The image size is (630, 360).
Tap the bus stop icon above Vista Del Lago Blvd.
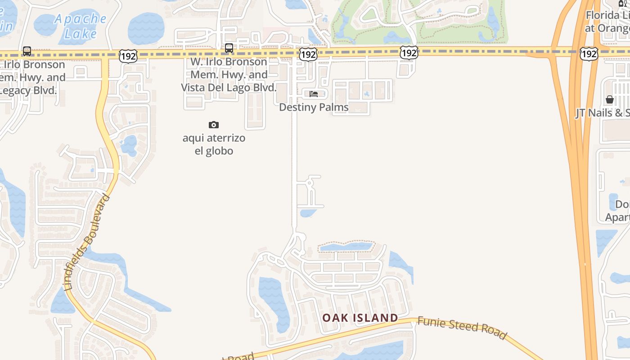(x=229, y=48)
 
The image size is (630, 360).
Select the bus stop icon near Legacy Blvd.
(x=27, y=51)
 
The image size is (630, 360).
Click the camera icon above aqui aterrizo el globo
(x=214, y=125)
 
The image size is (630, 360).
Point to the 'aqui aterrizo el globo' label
(x=214, y=144)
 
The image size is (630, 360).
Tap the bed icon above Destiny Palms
(x=314, y=94)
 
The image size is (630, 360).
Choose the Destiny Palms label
(x=314, y=107)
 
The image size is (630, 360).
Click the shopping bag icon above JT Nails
(x=610, y=99)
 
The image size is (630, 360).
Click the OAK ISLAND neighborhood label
(x=360, y=318)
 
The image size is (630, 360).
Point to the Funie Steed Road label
(x=462, y=328)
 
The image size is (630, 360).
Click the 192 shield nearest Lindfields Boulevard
(x=128, y=56)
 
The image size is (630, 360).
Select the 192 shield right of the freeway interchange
(x=589, y=54)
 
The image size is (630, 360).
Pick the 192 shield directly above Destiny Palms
(x=308, y=55)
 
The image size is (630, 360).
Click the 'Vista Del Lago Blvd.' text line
(x=229, y=87)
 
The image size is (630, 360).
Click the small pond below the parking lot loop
(x=307, y=213)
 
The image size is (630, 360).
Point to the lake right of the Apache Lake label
(x=146, y=28)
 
